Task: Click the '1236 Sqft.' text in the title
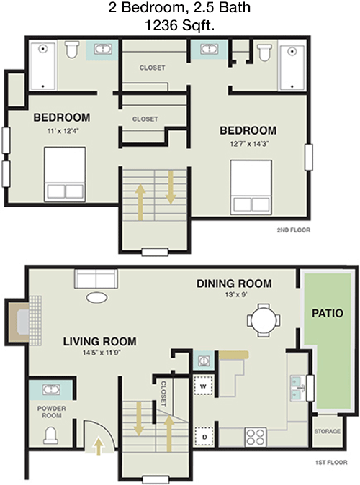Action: (179, 24)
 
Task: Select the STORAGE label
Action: (327, 432)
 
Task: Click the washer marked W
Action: (204, 385)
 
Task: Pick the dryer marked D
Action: (204, 436)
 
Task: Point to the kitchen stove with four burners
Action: (256, 436)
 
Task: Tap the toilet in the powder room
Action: (51, 434)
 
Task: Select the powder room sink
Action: (51, 391)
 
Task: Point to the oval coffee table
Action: (96, 297)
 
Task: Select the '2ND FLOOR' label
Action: (292, 231)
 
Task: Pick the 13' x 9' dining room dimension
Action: (234, 296)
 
